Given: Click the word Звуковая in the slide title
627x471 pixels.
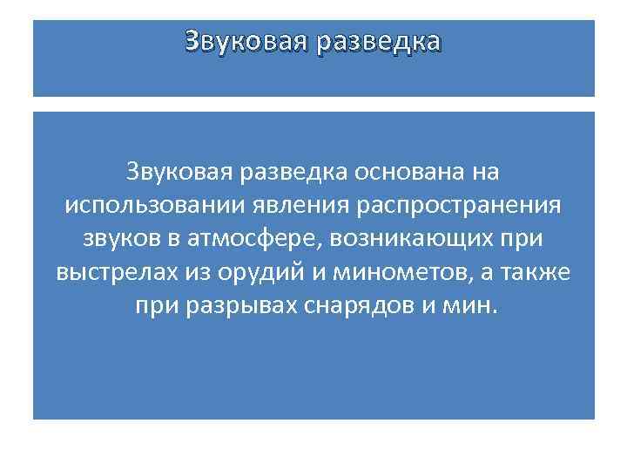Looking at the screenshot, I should pyautogui.click(x=245, y=41).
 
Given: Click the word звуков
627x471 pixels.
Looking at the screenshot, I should pyautogui.click(x=121, y=239).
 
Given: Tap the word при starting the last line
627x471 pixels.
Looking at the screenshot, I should pyautogui.click(x=155, y=307).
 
